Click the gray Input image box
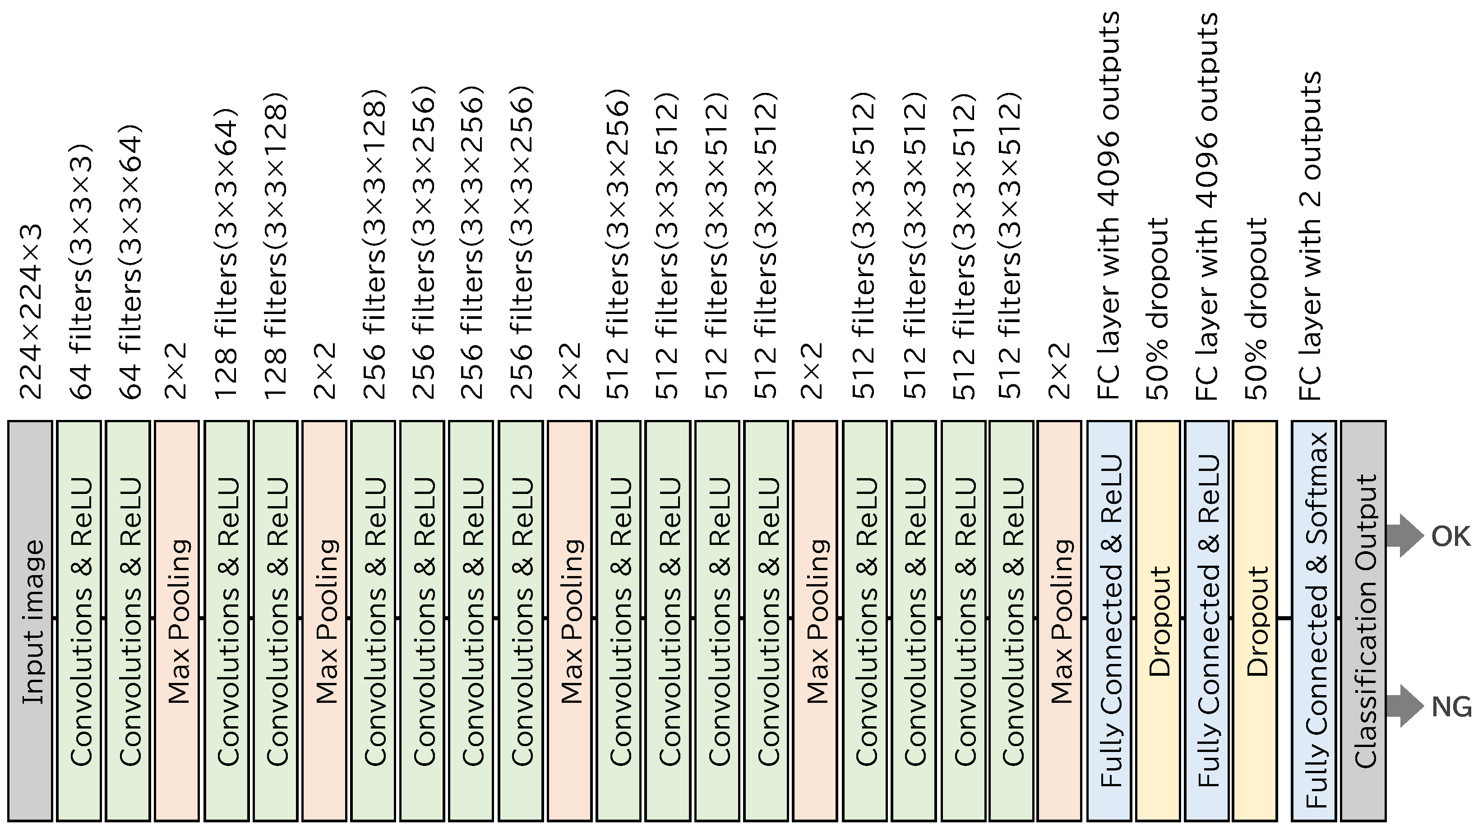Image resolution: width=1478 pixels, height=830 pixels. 30,621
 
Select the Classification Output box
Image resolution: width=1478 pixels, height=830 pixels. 1363,621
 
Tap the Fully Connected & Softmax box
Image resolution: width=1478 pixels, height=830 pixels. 1314,621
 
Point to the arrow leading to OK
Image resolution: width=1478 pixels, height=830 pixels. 1404,536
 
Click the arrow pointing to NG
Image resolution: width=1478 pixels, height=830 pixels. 1404,706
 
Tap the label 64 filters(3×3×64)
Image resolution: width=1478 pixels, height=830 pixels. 129,261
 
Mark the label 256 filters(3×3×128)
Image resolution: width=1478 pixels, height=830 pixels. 374,244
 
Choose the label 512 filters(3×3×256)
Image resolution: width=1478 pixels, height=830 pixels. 619,244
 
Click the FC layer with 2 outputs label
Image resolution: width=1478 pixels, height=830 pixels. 1311,235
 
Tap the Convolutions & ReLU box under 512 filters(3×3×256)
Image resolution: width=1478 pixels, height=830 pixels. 619,621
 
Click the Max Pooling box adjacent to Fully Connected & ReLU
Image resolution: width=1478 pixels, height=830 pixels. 1059,621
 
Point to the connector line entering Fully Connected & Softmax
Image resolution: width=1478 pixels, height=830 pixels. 1284,618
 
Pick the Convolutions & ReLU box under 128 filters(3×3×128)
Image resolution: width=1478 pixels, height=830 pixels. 275,621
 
